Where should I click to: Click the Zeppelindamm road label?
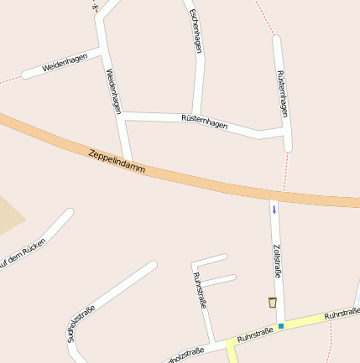click(x=117, y=162)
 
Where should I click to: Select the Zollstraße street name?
click(x=277, y=261)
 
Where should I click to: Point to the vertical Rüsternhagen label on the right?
click(x=283, y=92)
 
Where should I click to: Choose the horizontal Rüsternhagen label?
click(x=204, y=121)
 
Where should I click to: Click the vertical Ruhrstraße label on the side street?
click(x=200, y=290)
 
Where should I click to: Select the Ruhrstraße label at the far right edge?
click(x=342, y=313)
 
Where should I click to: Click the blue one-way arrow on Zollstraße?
click(x=274, y=209)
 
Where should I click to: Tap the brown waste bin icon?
click(x=273, y=302)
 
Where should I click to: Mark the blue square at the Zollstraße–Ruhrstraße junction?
click(x=281, y=325)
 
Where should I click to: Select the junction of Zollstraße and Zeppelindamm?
click(x=274, y=195)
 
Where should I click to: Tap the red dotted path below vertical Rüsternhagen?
click(x=285, y=172)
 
